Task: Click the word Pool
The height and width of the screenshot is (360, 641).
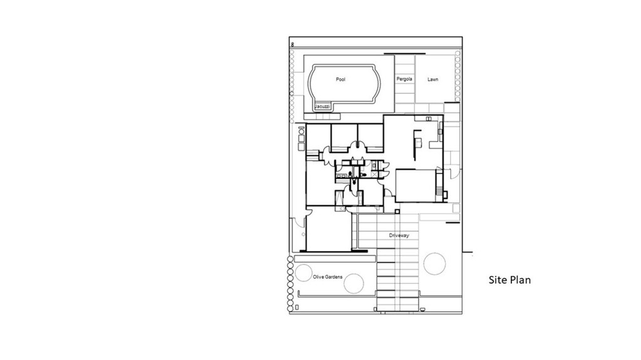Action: (341, 80)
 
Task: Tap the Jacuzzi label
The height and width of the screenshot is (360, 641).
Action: (322, 107)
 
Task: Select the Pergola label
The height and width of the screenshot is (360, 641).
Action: (404, 80)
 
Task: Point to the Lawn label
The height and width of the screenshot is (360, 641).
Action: (433, 80)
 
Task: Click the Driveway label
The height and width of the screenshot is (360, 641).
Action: (399, 235)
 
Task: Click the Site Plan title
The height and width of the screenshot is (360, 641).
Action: (509, 280)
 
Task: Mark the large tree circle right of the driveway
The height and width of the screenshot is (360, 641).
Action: (434, 263)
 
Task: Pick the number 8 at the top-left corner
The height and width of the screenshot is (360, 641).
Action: (292, 45)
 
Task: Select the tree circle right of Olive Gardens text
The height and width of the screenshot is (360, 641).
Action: (353, 284)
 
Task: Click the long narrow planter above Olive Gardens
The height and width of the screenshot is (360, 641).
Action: (334, 258)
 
